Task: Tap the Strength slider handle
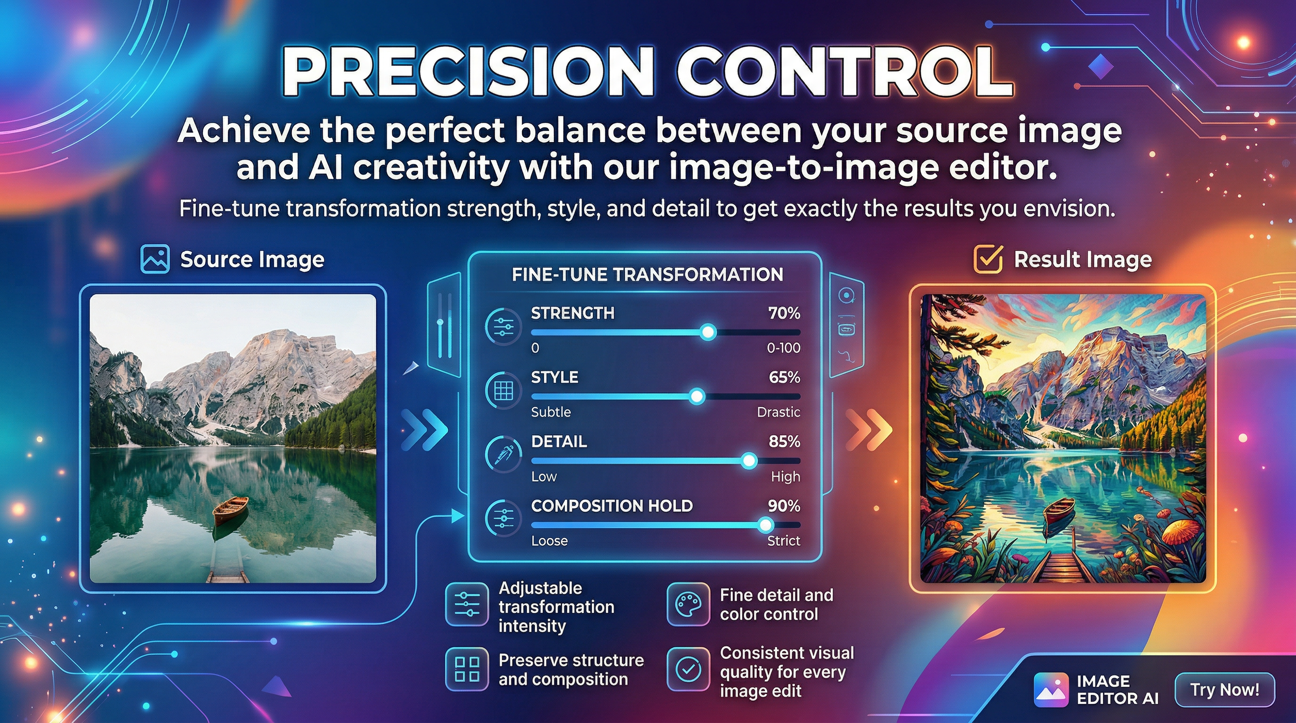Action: tap(708, 332)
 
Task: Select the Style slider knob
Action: tap(697, 397)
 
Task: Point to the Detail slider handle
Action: tap(749, 460)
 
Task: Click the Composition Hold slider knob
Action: tap(765, 525)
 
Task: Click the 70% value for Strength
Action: tap(784, 313)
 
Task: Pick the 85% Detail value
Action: tap(784, 442)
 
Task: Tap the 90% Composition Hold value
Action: tap(784, 506)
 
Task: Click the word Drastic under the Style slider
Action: tap(778, 412)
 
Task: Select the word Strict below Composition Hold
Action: tap(783, 541)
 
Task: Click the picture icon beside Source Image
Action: tap(155, 259)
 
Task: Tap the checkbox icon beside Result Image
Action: tap(988, 259)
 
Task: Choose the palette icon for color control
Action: tap(688, 604)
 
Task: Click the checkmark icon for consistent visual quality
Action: tap(688, 669)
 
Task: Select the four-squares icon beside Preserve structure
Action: tap(466, 669)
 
